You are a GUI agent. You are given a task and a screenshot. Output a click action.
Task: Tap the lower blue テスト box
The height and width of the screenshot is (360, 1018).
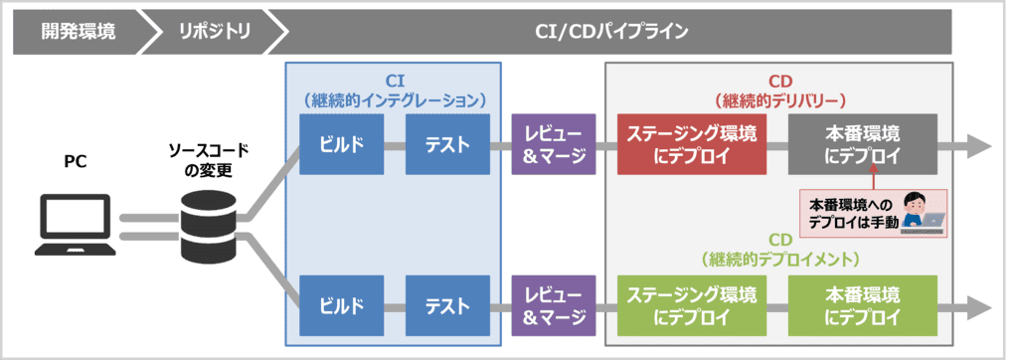pos(447,305)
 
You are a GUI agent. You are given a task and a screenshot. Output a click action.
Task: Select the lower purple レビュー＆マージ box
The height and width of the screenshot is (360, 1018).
pos(554,305)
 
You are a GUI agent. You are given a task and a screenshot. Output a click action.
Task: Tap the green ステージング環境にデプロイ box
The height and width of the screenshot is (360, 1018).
pos(692,305)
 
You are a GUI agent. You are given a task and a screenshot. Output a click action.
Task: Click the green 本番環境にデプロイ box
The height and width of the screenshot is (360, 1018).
pos(862,305)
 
